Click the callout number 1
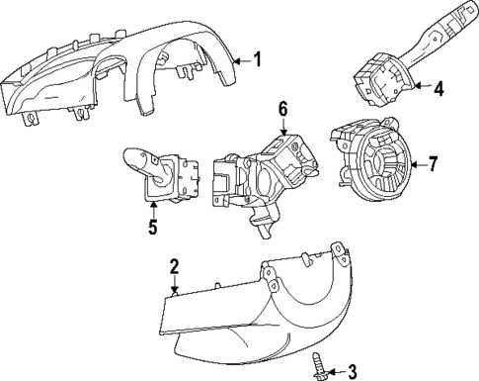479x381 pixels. click(x=258, y=59)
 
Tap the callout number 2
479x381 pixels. click(x=174, y=266)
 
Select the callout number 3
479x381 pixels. click(x=351, y=371)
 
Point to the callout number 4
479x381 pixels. click(x=439, y=88)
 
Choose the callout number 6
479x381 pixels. click(x=282, y=108)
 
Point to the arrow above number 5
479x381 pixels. click(x=153, y=208)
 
